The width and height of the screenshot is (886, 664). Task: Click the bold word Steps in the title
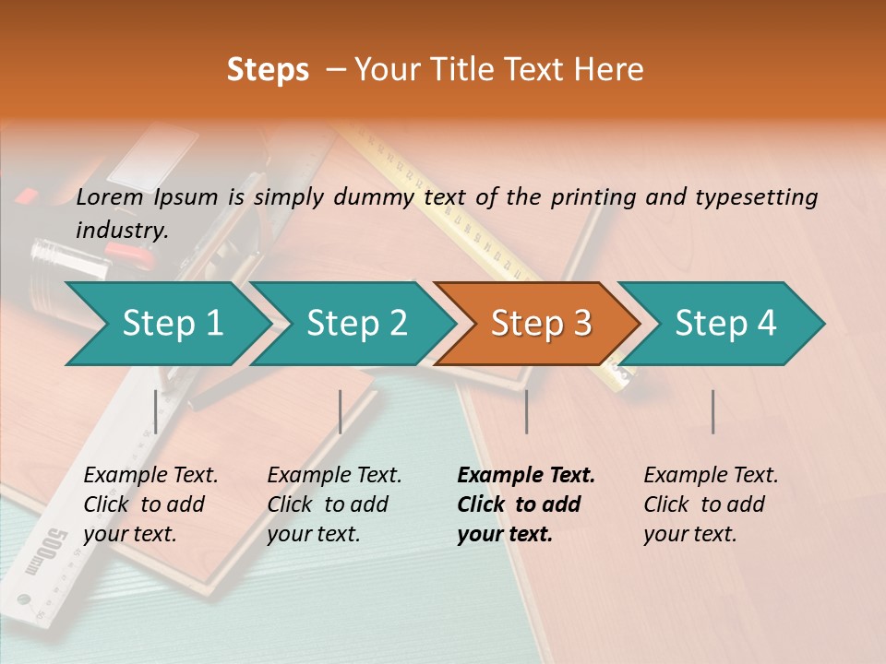point(268,70)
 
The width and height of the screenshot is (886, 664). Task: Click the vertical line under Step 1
point(156,411)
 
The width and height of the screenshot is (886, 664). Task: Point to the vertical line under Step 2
point(341,411)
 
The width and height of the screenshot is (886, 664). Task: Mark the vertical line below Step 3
point(526,411)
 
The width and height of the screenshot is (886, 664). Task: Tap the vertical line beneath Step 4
point(712,411)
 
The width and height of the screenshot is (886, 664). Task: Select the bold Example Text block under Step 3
point(526,504)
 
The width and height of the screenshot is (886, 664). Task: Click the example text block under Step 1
point(150,504)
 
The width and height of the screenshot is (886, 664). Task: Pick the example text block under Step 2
point(334,504)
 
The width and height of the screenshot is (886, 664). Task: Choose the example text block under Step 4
point(711,504)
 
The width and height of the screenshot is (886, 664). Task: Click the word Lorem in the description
point(110,196)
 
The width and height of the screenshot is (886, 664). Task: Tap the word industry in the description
point(122,230)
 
